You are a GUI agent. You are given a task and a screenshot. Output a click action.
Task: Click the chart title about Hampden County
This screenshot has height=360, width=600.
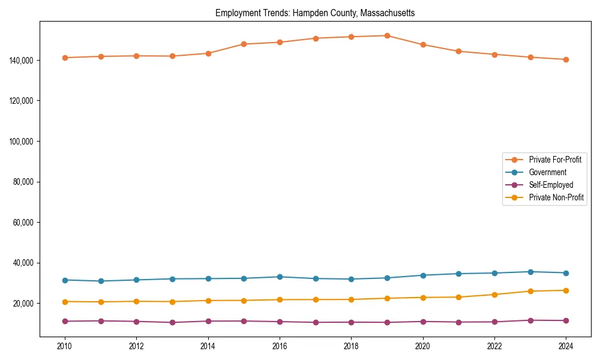[315, 13]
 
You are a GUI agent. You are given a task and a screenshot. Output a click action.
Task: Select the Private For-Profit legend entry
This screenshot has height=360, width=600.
[555, 160]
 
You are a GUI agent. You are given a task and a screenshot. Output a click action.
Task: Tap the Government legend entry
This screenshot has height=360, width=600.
[547, 172]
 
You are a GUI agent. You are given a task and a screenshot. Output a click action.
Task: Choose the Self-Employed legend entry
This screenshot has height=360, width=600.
[551, 185]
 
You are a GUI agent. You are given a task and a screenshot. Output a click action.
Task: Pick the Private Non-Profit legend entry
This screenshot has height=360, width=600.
[556, 197]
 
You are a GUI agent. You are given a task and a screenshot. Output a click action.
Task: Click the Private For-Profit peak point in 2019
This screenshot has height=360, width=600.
[387, 35]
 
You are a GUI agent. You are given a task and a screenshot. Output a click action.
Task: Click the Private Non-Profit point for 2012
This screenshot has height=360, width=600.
[136, 301]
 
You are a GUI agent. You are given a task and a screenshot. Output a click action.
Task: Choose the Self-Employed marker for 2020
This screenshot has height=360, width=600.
[423, 322]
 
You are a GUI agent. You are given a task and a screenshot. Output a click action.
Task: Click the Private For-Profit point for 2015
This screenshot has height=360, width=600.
[244, 44]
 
